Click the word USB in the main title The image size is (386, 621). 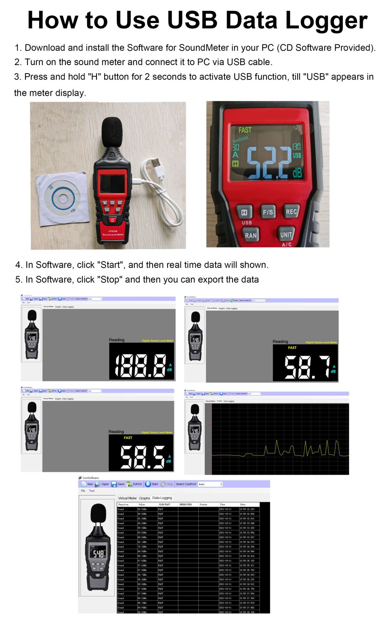[x=193, y=20]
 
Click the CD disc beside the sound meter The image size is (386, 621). [x=63, y=198]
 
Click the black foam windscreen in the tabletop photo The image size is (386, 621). [x=112, y=132]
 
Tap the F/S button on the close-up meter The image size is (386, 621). [x=268, y=212]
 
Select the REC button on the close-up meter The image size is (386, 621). [x=291, y=211]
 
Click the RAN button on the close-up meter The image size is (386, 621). [x=250, y=235]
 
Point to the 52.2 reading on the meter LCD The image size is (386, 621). [x=269, y=163]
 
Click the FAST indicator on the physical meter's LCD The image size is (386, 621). [x=245, y=130]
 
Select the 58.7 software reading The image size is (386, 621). [x=307, y=368]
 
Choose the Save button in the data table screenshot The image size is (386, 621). [x=118, y=484]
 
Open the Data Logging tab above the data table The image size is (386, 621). [x=162, y=498]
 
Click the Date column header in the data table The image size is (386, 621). [x=243, y=505]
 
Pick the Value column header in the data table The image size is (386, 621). [x=142, y=505]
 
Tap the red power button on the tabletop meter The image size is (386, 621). [x=113, y=220]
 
